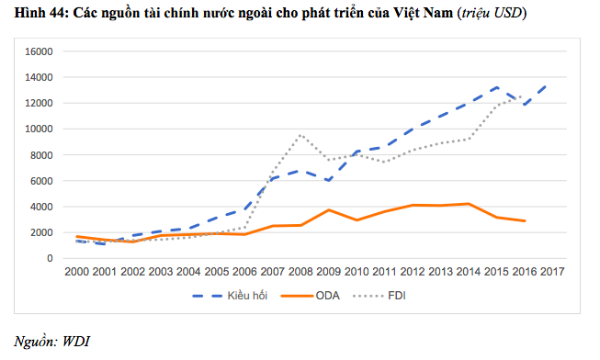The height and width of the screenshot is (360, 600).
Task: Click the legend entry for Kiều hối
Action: click(x=240, y=295)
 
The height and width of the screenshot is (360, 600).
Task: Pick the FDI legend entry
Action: click(x=398, y=295)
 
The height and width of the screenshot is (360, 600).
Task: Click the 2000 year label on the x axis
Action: click(x=78, y=272)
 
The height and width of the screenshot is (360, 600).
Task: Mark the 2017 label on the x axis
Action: click(x=552, y=272)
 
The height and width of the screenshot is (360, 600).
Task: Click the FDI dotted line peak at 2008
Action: click(x=300, y=136)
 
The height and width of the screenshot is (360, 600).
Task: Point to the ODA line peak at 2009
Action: click(x=329, y=210)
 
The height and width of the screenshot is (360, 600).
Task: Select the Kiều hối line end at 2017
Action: click(x=549, y=84)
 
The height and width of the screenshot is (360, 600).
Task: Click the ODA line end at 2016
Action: click(x=524, y=221)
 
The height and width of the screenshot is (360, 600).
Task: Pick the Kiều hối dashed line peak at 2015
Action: click(x=497, y=87)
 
